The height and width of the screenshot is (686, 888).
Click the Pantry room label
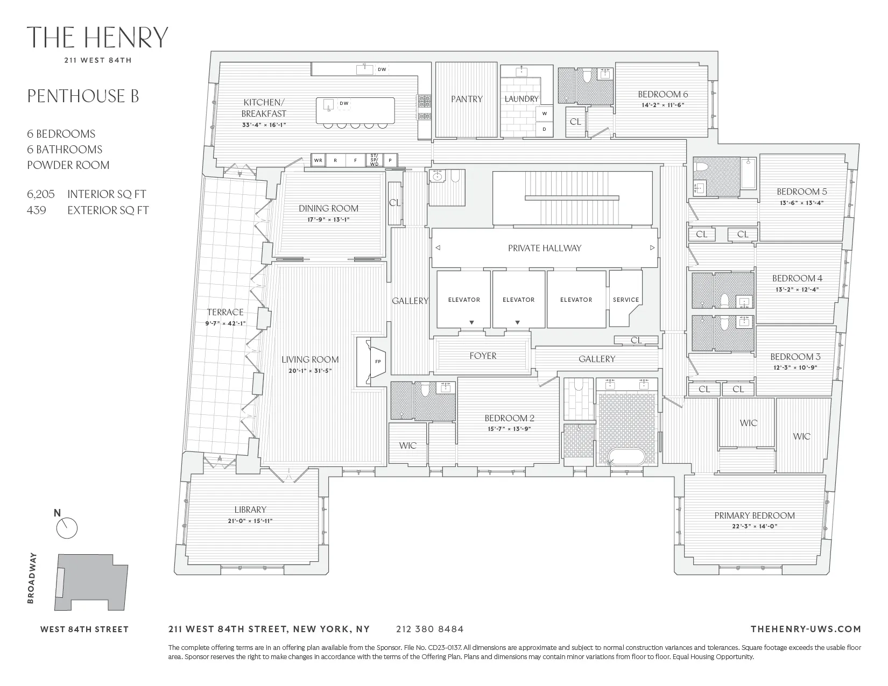point(466,99)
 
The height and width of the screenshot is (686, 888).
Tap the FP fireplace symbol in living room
point(378,362)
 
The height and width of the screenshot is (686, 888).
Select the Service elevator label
point(625,300)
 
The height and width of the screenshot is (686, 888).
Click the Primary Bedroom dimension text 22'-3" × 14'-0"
point(754,526)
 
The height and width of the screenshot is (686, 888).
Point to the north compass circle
point(67,528)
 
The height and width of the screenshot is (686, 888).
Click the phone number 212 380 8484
point(429,628)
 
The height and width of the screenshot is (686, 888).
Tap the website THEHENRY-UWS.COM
point(805,628)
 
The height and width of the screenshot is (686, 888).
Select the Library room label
point(250,510)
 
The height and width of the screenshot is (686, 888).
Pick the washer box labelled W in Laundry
point(544,114)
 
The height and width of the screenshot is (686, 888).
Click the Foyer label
point(483,356)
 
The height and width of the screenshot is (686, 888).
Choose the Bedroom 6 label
point(663,94)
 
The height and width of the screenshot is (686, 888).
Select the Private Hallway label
point(544,248)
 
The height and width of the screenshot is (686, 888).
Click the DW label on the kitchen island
point(344,103)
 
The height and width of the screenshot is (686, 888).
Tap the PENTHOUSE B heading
point(83,96)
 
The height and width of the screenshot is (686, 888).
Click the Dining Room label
point(328,208)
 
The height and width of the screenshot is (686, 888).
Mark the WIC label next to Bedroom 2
point(407,445)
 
